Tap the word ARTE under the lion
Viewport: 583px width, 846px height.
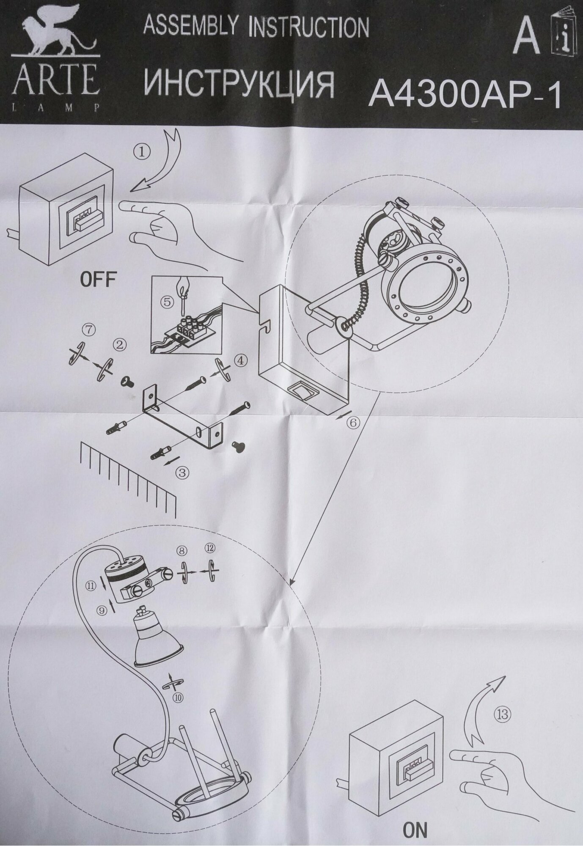pyautogui.click(x=55, y=82)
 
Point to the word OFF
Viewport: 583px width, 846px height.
pyautogui.click(x=98, y=280)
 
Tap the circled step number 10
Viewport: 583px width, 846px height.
pyautogui.click(x=179, y=699)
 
